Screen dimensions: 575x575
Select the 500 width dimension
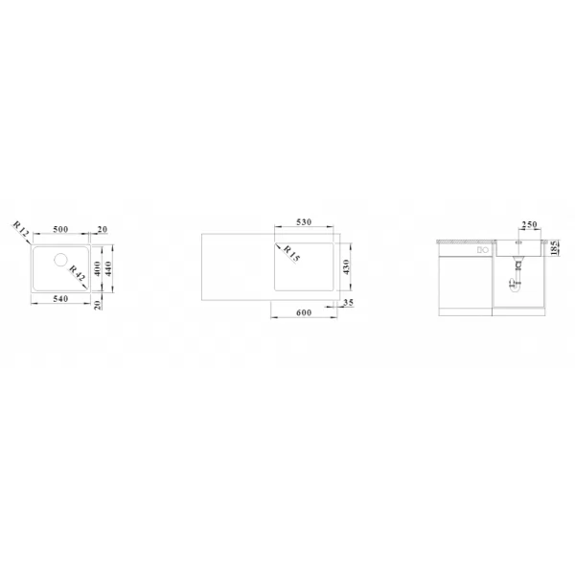[x=60, y=229]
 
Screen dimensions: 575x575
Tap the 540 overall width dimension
[x=60, y=299]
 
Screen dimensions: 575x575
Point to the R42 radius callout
[x=77, y=273]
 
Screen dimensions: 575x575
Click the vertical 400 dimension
[x=97, y=268]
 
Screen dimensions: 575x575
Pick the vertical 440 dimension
[x=108, y=268]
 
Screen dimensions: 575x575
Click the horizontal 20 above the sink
[x=103, y=230]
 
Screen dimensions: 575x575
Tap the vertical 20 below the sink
[x=98, y=305]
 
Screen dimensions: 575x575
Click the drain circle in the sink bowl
[x=61, y=260]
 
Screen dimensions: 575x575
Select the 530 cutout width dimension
[x=304, y=222]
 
